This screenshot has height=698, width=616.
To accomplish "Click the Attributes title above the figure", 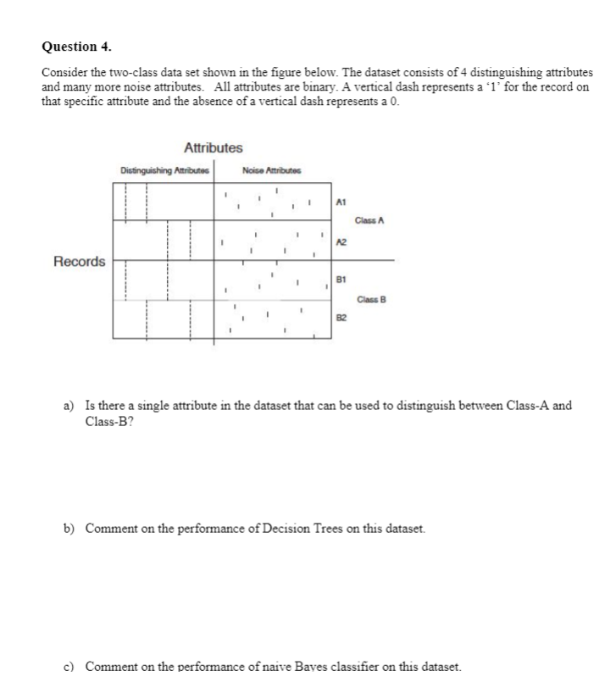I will [x=213, y=148].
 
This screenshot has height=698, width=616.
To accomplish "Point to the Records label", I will [x=80, y=261].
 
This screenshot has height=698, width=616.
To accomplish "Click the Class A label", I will [x=371, y=221].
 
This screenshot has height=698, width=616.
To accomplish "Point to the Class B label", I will [x=371, y=299].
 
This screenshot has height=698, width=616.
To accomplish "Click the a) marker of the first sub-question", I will [x=71, y=406].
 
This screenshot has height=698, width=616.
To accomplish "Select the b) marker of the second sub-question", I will [x=71, y=529].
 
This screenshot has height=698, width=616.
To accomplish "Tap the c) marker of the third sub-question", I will [x=71, y=667].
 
